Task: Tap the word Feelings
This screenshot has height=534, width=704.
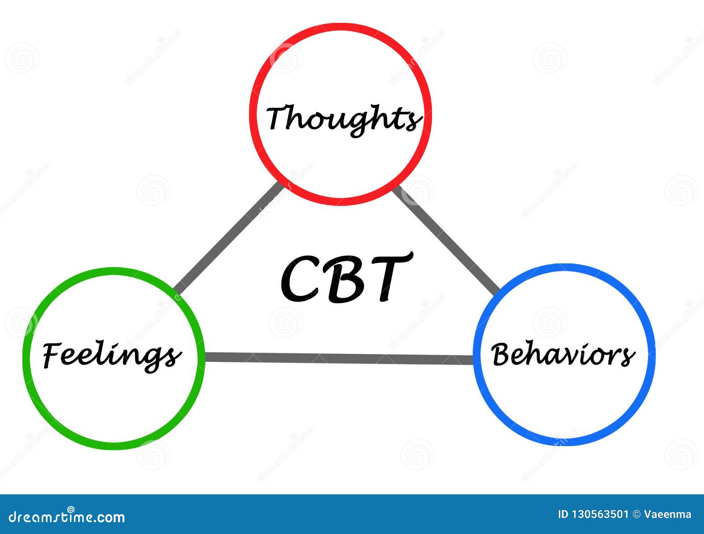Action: coord(112,356)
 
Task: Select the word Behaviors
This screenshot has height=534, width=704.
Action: coord(563,355)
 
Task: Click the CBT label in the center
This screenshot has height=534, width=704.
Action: coord(346,278)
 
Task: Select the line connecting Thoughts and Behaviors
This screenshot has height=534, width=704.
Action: coord(446,241)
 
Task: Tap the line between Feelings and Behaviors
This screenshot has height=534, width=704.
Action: coord(339,358)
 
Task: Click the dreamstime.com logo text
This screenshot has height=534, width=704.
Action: coord(66,516)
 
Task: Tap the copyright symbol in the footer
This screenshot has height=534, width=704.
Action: coord(636,515)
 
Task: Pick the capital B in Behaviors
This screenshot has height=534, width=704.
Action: coord(502,355)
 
